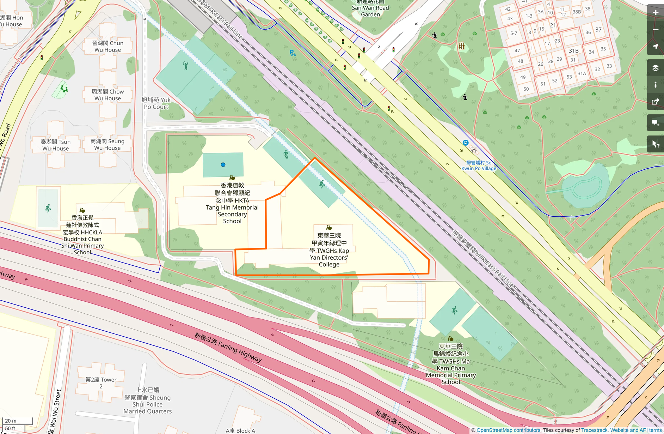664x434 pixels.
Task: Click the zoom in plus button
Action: point(656,13)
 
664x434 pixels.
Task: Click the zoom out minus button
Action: point(656,30)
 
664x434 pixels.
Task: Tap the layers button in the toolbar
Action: point(656,68)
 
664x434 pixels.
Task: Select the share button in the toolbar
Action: point(656,102)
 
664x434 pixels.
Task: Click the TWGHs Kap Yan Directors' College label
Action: point(329,250)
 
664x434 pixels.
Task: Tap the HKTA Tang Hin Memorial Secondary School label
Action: point(232,203)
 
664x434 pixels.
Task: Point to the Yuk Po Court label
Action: point(156,103)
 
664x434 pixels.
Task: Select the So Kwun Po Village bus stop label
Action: point(479,165)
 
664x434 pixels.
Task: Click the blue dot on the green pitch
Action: point(223,165)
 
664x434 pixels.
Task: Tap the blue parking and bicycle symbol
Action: point(293,53)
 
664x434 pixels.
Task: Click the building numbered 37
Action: point(598,30)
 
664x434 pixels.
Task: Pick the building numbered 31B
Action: point(573,51)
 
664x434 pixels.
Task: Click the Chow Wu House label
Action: point(107,95)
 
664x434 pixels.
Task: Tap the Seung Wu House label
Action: point(107,145)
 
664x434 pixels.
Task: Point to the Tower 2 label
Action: point(101,383)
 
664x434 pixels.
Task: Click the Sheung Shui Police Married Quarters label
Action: point(148,400)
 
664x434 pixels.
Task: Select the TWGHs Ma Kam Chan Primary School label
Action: point(451,364)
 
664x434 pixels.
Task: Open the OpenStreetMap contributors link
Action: point(509,430)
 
